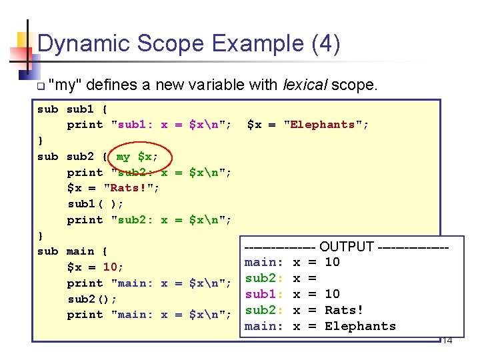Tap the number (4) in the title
[x=325, y=44]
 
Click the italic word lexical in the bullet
[x=307, y=85]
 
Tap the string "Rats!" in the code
[x=132, y=189]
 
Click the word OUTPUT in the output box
[x=347, y=247]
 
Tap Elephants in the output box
[x=360, y=326]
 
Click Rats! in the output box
[x=344, y=310]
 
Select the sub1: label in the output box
[x=265, y=294]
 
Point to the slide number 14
[x=447, y=341]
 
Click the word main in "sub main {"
[x=81, y=251]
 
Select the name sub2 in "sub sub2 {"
[x=81, y=157]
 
